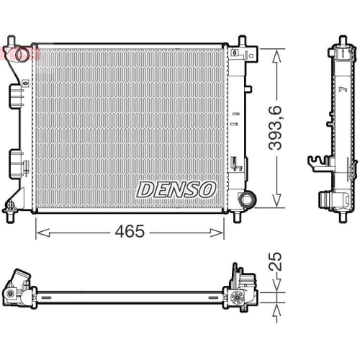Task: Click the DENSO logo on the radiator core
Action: (x=176, y=189)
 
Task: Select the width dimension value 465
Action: (x=130, y=231)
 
